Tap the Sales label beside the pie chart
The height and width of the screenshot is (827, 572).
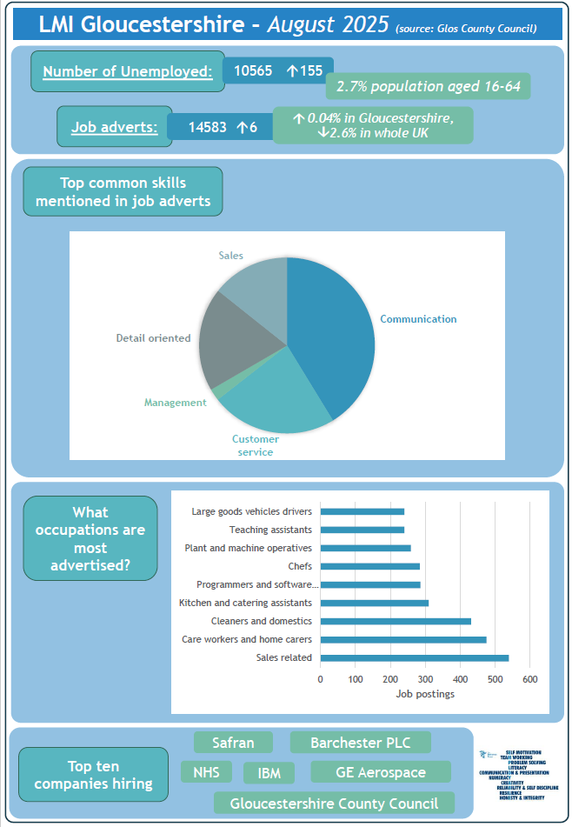[230, 256]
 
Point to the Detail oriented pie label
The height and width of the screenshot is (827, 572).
[153, 338]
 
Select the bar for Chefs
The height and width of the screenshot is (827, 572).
[369, 566]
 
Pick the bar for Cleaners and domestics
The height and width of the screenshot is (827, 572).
[396, 621]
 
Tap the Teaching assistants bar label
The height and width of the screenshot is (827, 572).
[270, 530]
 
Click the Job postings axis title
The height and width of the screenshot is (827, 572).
[425, 694]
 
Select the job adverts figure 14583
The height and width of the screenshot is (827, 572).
[208, 127]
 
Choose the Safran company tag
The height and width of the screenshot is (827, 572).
[233, 743]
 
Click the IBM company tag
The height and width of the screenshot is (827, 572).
[269, 773]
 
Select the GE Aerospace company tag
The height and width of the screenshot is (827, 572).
[381, 772]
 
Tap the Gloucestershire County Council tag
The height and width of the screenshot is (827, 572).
[335, 804]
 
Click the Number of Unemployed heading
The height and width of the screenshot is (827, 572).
[128, 71]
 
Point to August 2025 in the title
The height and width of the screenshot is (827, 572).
[329, 25]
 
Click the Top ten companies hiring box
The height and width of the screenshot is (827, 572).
[93, 774]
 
